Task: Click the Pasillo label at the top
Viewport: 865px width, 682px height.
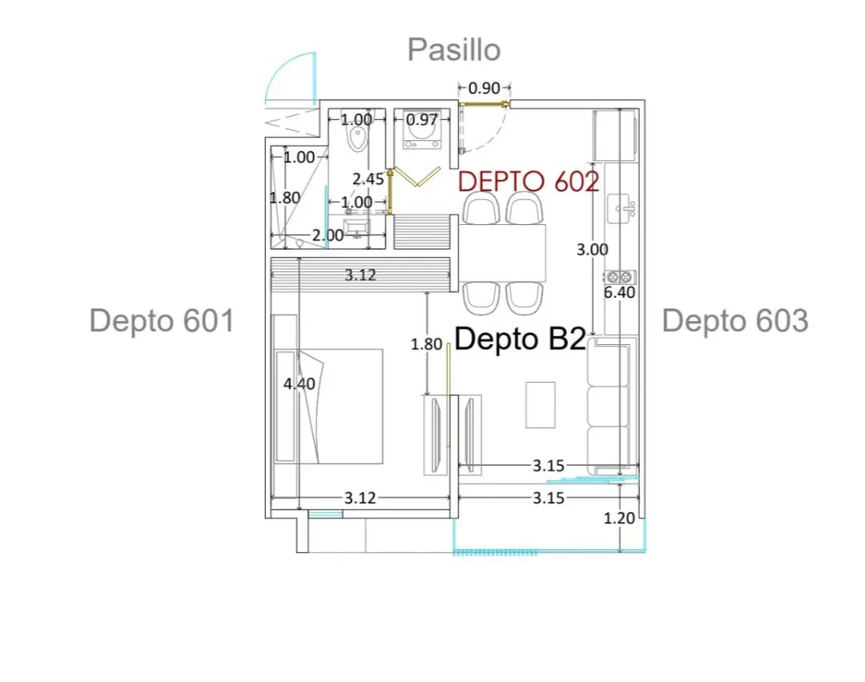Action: pyautogui.click(x=454, y=50)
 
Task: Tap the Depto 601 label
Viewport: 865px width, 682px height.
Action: pyautogui.click(x=162, y=321)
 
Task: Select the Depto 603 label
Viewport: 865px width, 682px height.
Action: pyautogui.click(x=735, y=321)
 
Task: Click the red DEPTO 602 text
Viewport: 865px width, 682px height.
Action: pyautogui.click(x=529, y=181)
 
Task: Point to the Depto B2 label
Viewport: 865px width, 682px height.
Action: pyautogui.click(x=521, y=339)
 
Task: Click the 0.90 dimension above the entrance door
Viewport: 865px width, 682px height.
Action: pyautogui.click(x=484, y=88)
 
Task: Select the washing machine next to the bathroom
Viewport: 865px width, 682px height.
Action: pyautogui.click(x=422, y=131)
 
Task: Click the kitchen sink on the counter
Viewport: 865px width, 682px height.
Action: pyautogui.click(x=622, y=209)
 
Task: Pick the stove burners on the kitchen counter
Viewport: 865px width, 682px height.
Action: pyautogui.click(x=619, y=277)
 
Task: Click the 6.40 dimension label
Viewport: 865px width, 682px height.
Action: pyautogui.click(x=619, y=292)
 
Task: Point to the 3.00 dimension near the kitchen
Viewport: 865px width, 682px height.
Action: pyautogui.click(x=592, y=250)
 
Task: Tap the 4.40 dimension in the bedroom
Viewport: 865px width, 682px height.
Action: pyautogui.click(x=299, y=383)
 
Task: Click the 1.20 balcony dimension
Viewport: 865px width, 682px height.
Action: pyautogui.click(x=619, y=518)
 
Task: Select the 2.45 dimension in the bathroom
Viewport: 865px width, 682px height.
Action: pyautogui.click(x=368, y=179)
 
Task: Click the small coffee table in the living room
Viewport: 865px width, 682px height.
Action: pyautogui.click(x=540, y=405)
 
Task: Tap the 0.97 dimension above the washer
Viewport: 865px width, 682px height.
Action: pyautogui.click(x=421, y=119)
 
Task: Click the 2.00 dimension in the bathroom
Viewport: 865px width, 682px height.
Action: pyautogui.click(x=328, y=235)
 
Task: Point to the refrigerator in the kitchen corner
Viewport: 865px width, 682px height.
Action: pyautogui.click(x=615, y=135)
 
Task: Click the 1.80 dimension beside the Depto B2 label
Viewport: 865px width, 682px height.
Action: pyautogui.click(x=426, y=344)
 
